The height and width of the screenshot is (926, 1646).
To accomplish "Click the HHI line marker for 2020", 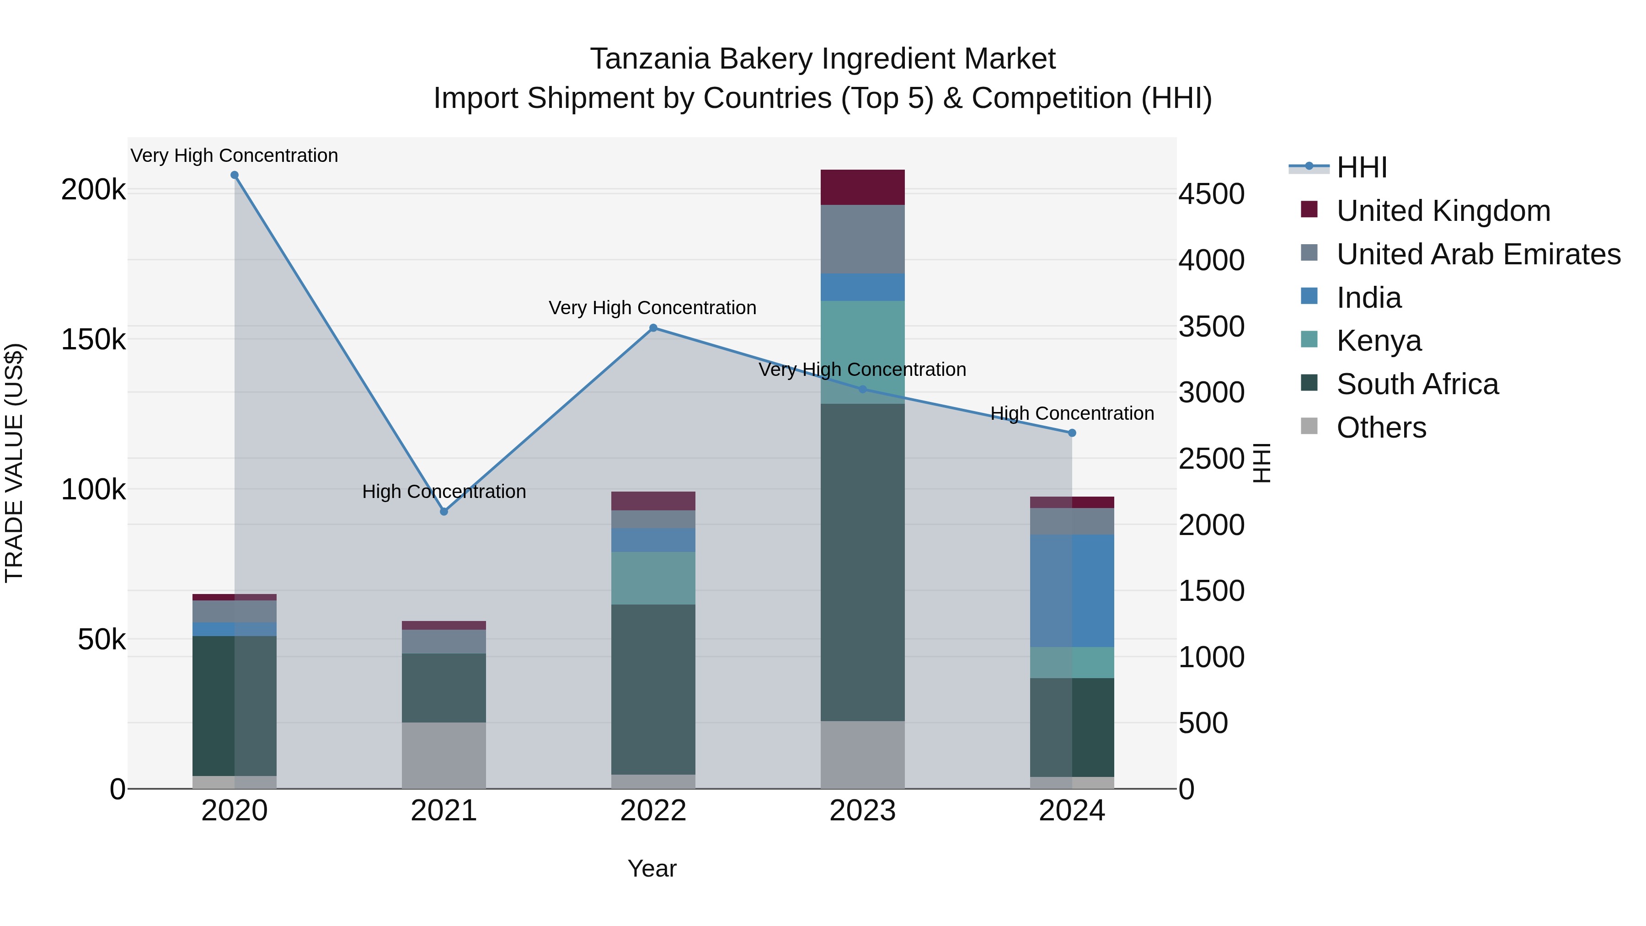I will pos(235,175).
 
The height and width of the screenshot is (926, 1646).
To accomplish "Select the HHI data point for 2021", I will pos(444,511).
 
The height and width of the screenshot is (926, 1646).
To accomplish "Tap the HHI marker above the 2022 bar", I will pos(653,328).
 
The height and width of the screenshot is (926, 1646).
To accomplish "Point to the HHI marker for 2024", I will pos(1072,433).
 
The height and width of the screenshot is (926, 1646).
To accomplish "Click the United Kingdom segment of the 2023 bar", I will pos(863,187).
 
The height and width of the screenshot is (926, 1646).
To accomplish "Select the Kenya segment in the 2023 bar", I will pos(863,352).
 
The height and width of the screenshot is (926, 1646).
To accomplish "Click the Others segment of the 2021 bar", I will pos(444,755).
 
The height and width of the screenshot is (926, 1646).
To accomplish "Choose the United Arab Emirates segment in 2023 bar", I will pos(863,239).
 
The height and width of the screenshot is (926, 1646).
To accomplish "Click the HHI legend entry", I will pos(1361,167).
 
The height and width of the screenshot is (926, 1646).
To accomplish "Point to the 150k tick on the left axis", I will pos(93,340).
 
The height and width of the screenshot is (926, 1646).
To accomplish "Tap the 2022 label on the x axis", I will pos(653,811).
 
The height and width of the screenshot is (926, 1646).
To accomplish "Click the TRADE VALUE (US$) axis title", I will pos(14,463).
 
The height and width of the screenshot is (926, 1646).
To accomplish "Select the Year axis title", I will pos(652,868).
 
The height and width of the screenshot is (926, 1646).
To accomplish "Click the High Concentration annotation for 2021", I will pos(444,492).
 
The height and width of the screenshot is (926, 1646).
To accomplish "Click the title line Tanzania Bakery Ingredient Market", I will pos(823,59).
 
